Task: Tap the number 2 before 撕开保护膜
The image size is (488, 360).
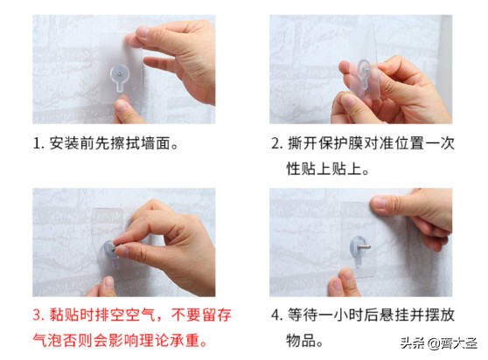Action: coord(275,142)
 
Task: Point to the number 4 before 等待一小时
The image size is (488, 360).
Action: coord(275,312)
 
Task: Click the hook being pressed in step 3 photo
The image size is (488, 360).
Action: coord(114,249)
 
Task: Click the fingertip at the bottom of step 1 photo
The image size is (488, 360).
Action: coord(126,110)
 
